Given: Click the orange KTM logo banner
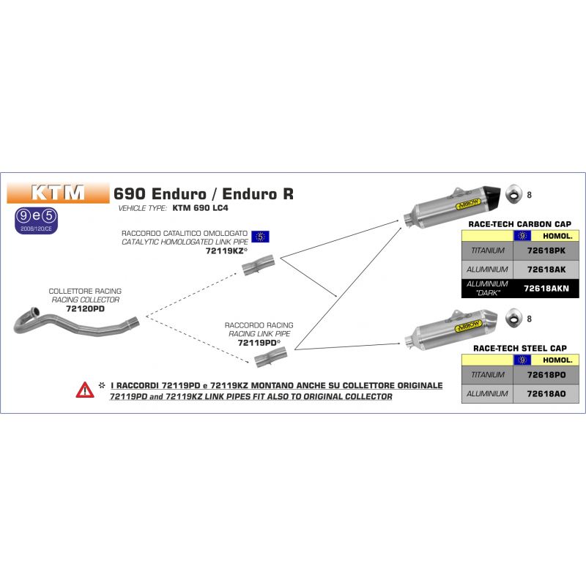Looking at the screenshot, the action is tap(58, 193).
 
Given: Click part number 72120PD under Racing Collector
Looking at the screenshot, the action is tap(85, 308).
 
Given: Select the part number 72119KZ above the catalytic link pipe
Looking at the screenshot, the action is tap(225, 251).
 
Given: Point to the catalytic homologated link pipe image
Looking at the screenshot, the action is tap(259, 265).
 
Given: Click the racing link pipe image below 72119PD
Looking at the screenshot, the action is tap(270, 357).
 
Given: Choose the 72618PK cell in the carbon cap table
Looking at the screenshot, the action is tap(546, 251).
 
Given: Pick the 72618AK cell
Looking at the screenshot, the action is tap(546, 270).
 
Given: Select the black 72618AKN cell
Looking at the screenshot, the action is tap(546, 289).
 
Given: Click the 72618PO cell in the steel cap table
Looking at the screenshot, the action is tap(546, 375).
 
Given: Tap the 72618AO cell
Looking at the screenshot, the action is tap(546, 394).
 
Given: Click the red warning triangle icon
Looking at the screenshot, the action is tap(85, 390).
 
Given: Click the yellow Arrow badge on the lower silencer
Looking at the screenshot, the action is tap(468, 327).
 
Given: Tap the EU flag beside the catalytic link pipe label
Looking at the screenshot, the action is tap(260, 237).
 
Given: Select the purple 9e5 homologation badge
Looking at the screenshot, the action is tap(36, 220).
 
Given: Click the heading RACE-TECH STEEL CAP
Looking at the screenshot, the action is tap(520, 349).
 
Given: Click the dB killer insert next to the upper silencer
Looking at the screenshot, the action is tap(514, 193).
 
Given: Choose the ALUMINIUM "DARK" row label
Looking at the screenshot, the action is tap(487, 289).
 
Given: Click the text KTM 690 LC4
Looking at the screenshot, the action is tap(200, 208).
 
